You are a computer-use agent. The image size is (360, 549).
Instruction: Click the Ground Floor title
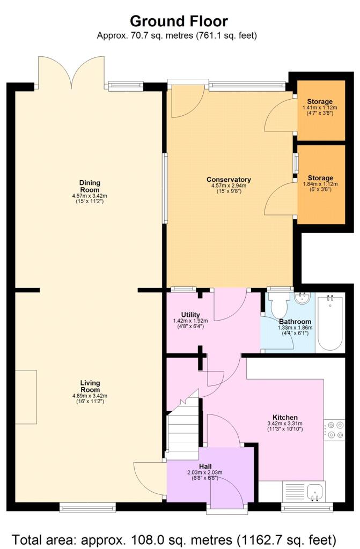tap(179, 21)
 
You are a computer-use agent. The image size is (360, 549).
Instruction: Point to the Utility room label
tap(190, 315)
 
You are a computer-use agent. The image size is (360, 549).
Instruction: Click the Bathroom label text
tap(291, 322)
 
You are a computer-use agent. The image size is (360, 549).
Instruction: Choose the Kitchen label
tap(285, 417)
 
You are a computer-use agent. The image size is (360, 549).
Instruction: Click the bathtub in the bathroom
tap(330, 322)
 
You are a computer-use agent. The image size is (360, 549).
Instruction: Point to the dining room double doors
tap(71, 72)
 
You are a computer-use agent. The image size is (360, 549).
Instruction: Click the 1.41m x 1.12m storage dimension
tap(320, 107)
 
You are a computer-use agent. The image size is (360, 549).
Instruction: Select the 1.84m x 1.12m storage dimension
tap(320, 184)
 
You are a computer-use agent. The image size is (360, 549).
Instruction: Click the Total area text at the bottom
tap(174, 538)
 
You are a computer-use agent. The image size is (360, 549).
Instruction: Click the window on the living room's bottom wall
tap(87, 506)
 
